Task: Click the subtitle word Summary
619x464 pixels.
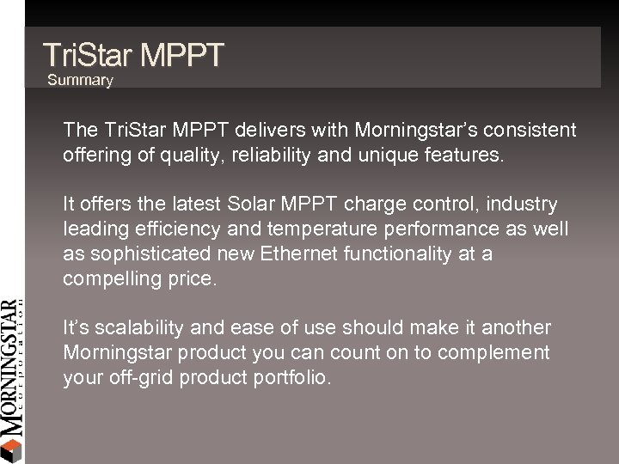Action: coord(80,80)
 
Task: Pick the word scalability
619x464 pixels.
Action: coord(138,327)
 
